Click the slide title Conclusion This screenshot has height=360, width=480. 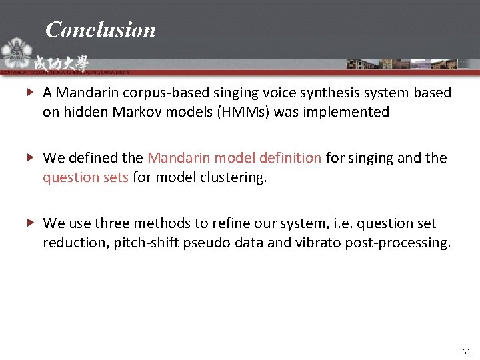click(x=100, y=29)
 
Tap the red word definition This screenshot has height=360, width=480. click(x=289, y=158)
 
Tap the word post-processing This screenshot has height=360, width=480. click(x=397, y=243)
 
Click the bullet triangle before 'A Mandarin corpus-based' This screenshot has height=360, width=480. click(x=31, y=93)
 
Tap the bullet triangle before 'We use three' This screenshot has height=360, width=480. click(x=31, y=223)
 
